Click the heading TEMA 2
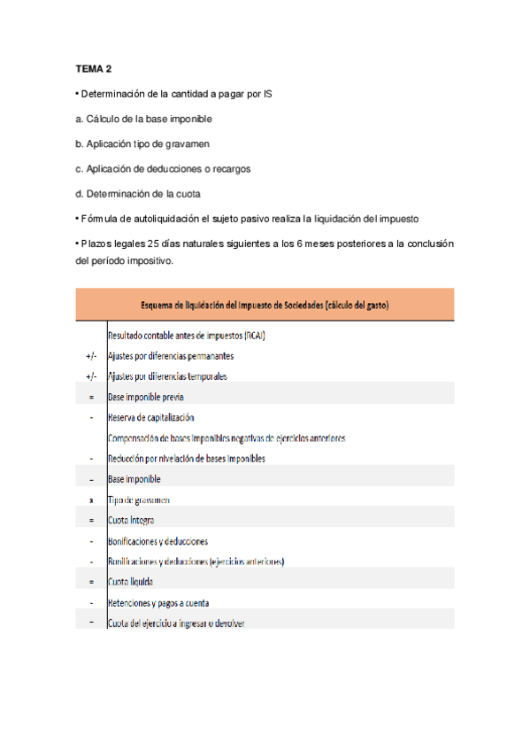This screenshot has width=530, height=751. click(x=93, y=68)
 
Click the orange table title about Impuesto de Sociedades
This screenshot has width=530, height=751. click(x=265, y=305)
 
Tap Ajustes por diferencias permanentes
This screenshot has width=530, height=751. click(x=171, y=356)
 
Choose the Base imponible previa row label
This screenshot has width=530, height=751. click(x=146, y=398)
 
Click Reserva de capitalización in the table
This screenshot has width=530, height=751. click(x=150, y=418)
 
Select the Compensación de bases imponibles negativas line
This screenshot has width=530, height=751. click(x=227, y=438)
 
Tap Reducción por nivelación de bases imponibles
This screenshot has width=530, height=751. click(x=187, y=459)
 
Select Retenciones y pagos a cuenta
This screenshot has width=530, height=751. click(x=158, y=603)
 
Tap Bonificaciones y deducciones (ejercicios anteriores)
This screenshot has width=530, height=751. click(x=196, y=561)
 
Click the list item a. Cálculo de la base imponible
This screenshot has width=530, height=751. click(x=143, y=118)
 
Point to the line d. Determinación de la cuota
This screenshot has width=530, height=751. click(x=138, y=193)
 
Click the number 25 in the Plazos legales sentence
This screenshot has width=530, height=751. click(x=153, y=244)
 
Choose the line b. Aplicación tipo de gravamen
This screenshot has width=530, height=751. click(x=142, y=143)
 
